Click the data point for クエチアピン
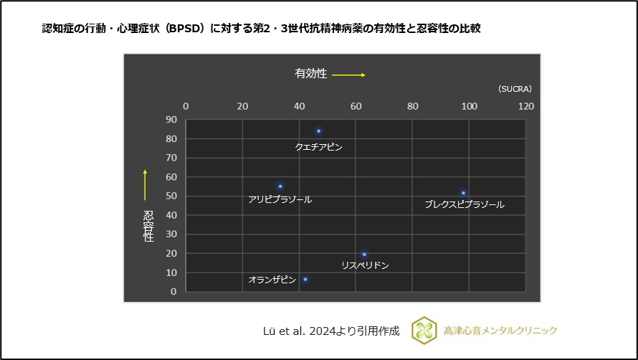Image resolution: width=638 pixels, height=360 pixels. [319, 131]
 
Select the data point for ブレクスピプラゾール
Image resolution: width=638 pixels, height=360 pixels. [464, 193]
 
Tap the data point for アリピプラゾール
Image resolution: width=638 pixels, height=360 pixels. [280, 186]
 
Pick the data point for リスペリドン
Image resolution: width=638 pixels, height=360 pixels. [364, 254]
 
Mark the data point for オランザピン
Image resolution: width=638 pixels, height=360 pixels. [305, 279]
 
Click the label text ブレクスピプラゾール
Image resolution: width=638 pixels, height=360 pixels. [464, 205]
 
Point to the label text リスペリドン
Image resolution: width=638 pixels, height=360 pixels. [365, 265]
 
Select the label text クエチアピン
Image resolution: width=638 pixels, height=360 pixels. [319, 147]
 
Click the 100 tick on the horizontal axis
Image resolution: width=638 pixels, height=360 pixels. [469, 106]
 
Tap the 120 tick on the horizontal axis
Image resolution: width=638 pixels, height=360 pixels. [525, 106]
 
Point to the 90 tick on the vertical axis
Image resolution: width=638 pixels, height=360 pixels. [171, 120]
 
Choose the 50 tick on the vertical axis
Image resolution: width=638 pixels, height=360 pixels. [171, 196]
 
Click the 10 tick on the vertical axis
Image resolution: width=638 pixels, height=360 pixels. [171, 273]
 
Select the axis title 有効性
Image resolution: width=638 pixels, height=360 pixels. [310, 74]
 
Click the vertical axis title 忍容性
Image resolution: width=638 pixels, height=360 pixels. [148, 226]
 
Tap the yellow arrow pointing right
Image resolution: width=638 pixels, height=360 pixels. [349, 75]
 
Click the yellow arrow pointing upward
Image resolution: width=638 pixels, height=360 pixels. [145, 184]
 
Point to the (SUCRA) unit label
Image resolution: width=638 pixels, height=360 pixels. [515, 89]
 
